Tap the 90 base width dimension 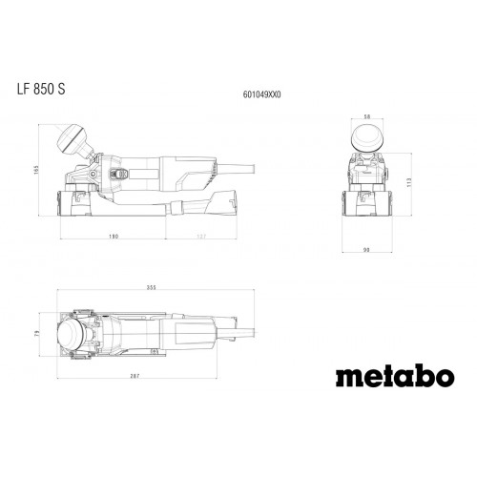coord(366,251)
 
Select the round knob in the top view coord(72,336)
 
